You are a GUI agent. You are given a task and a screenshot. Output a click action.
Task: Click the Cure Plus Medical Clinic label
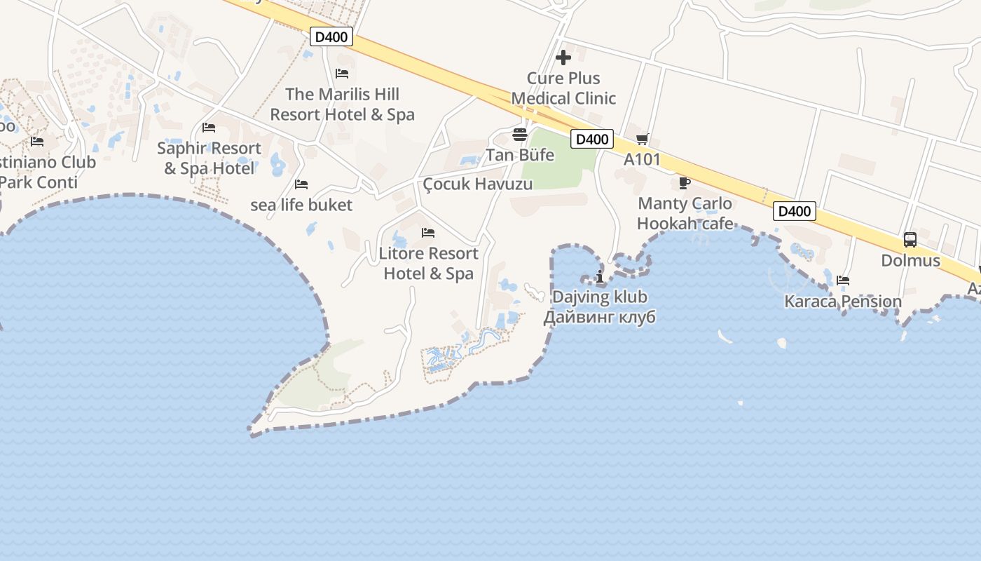click(563, 88)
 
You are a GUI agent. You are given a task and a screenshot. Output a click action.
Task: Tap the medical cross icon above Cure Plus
click(563, 57)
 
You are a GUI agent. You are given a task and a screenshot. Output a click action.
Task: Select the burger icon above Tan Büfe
click(520, 135)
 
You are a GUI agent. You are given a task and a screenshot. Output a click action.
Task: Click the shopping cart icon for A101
click(643, 140)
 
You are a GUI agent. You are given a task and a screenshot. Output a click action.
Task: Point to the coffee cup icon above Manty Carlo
click(685, 183)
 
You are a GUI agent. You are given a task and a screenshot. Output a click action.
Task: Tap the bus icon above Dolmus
click(910, 240)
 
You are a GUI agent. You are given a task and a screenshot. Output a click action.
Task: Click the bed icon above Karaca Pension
click(843, 280)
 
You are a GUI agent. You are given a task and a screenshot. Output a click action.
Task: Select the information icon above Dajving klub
click(600, 276)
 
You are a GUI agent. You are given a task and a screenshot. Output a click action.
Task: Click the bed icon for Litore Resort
click(428, 233)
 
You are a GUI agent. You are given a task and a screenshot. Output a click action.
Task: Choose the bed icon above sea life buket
click(301, 184)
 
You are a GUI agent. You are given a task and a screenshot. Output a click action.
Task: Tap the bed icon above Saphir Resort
click(209, 128)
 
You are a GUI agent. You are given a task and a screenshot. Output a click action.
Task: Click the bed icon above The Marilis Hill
click(342, 74)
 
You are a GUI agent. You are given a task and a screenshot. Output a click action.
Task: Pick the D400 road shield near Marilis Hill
click(331, 37)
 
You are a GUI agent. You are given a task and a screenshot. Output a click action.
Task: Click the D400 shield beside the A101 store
click(592, 139)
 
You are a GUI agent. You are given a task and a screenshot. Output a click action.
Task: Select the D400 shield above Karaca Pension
click(795, 211)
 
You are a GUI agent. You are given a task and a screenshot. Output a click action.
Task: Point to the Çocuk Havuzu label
click(478, 184)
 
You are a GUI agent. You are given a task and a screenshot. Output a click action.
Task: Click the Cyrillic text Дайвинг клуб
click(600, 317)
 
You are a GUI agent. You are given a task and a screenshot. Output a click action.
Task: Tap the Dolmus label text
click(910, 261)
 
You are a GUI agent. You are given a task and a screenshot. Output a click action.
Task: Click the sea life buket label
click(301, 205)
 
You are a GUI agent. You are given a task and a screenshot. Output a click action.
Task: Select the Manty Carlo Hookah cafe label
click(685, 214)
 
